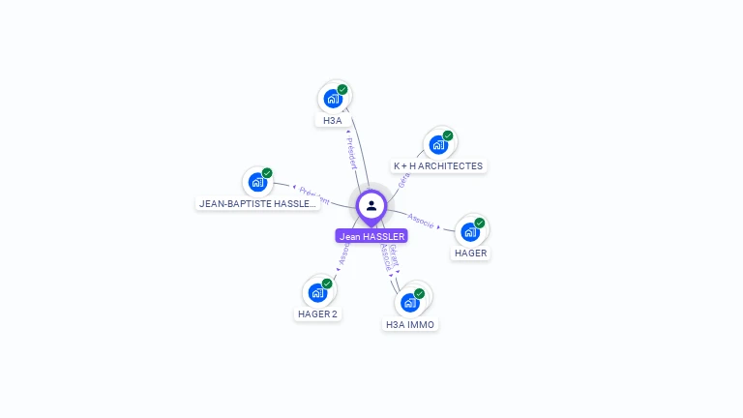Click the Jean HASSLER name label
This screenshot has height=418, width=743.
tap(371, 236)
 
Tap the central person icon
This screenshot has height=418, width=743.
tap(371, 206)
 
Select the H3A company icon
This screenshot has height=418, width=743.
tap(333, 99)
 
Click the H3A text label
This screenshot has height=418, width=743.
tap(333, 121)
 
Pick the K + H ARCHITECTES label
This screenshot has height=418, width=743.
tap(437, 166)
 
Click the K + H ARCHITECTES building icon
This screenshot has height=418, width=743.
tap(438, 145)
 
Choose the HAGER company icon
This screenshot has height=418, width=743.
tap(470, 232)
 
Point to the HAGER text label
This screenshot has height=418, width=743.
tap(471, 254)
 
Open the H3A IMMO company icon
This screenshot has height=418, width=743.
tap(410, 303)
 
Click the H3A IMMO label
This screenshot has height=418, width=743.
tap(410, 325)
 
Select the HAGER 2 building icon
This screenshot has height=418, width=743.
tap(317, 292)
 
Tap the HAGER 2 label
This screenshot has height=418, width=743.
tap(317, 314)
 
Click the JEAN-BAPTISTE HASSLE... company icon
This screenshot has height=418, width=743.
tap(257, 182)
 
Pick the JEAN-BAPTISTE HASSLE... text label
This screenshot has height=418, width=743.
tap(257, 204)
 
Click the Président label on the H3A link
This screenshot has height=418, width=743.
tap(351, 153)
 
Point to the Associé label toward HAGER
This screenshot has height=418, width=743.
tap(422, 219)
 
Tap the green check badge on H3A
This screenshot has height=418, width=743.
tap(342, 89)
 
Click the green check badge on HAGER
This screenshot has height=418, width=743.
tap(480, 223)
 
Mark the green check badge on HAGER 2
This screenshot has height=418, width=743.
tap(327, 283)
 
